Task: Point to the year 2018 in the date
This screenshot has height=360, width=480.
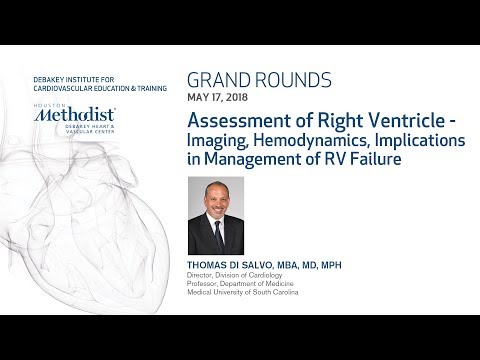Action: point(240,98)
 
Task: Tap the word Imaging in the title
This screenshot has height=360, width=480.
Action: point(221,141)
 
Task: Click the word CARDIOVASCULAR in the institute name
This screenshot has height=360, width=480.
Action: point(53,83)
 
